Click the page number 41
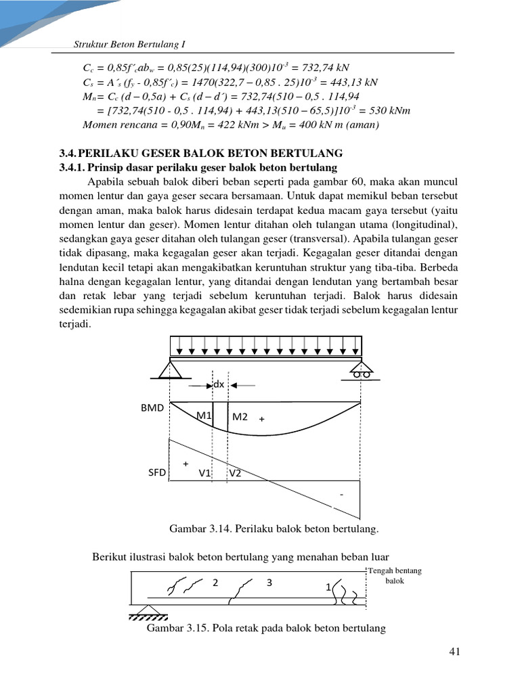[454, 652]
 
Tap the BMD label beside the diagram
[152, 409]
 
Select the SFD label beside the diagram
[156, 473]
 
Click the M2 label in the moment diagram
[240, 417]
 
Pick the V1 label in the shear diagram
[205, 474]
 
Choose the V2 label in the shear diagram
[235, 474]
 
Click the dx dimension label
[219, 384]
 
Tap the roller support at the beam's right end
[361, 370]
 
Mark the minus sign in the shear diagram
[342, 495]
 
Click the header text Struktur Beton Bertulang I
[129, 45]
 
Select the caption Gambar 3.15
[266, 628]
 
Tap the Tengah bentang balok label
[395, 576]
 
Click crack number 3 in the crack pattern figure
[269, 582]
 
